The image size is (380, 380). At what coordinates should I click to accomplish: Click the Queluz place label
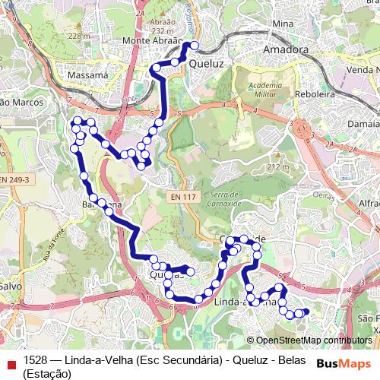207,65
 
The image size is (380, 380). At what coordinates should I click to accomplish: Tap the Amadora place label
285,50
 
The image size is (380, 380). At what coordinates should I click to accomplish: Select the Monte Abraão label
153,41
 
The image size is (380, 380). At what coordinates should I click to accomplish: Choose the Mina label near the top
282,24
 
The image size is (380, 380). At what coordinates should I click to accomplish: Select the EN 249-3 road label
14,179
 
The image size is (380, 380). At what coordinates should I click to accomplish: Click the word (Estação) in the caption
47,373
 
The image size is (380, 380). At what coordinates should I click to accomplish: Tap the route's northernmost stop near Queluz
195,45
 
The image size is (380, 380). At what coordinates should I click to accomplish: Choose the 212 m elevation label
279,166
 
